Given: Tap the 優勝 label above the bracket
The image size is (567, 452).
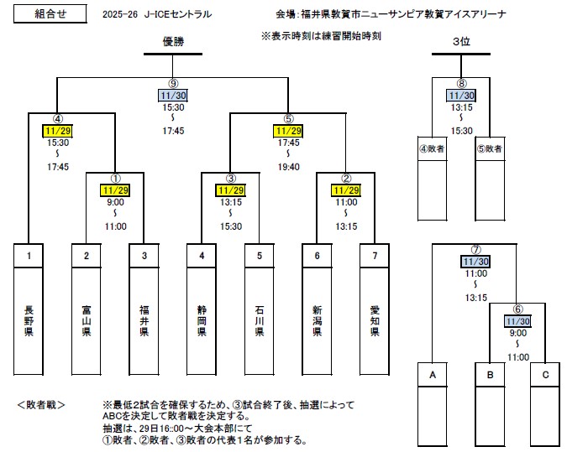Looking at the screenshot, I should (x=173, y=41).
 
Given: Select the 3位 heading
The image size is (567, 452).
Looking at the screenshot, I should (x=461, y=41).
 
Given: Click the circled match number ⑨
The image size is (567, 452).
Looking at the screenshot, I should (x=173, y=84).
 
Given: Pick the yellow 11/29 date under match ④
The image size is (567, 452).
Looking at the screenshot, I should (x=58, y=132).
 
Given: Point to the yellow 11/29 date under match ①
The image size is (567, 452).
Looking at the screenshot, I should (x=116, y=190).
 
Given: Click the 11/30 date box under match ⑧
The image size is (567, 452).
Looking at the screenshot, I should (x=461, y=96).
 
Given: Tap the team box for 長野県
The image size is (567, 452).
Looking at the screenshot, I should (x=29, y=319).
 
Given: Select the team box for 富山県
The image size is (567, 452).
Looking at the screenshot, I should (x=87, y=319).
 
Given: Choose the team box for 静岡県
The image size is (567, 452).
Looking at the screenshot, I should (x=202, y=319).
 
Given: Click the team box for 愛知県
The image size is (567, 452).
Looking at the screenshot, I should (x=375, y=319).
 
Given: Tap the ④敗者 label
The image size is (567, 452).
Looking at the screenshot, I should (x=432, y=148).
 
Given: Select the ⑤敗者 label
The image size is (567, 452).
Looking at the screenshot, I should (x=490, y=148).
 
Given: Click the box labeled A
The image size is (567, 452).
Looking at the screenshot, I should (x=432, y=376).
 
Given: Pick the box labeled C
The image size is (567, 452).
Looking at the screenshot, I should (x=547, y=376).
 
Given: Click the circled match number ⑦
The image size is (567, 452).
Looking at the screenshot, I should (x=475, y=250).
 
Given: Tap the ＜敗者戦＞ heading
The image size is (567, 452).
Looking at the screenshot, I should (x=42, y=404).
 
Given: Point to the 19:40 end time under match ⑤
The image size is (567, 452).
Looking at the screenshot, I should (x=288, y=167).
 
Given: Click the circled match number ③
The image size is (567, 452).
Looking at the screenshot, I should (x=231, y=179).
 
